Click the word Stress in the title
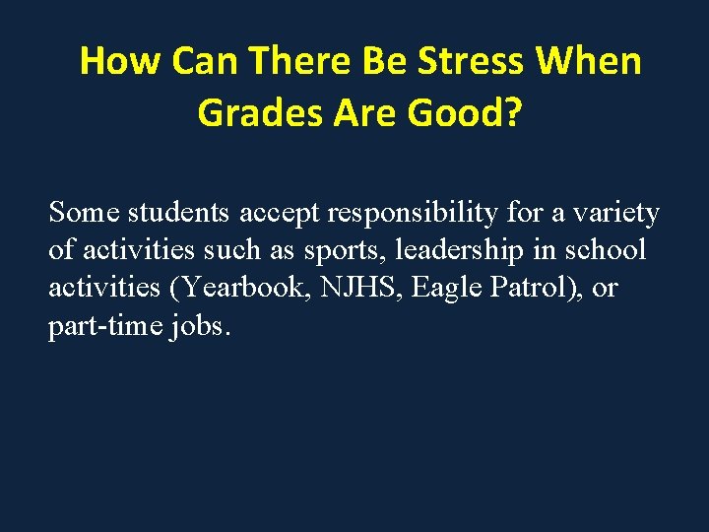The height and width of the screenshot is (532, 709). pos(471,61)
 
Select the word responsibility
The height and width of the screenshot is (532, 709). pos(424,212)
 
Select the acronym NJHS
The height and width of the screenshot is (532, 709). pos(357,289)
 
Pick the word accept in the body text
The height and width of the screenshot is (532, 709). pos(282,212)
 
